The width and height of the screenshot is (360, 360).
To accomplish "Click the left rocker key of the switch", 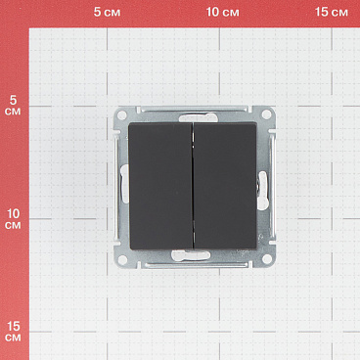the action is pyautogui.click(x=160, y=186).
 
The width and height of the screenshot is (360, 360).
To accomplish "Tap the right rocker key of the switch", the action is pyautogui.click(x=225, y=186).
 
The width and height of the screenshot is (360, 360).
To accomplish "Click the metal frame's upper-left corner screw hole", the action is pyautogui.click(x=122, y=114).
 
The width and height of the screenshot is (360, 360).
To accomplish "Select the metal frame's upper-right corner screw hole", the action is pyautogui.click(x=266, y=114).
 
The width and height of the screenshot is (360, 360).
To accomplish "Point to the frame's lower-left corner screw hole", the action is pyautogui.click(x=122, y=259).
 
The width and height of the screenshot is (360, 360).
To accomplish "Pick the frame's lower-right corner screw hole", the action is pyautogui.click(x=267, y=259).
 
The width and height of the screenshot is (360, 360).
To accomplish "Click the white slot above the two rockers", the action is pyautogui.click(x=198, y=117).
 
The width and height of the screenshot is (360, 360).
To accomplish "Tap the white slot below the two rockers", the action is pyautogui.click(x=191, y=255).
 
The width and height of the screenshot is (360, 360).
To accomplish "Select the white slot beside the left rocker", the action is pyautogui.click(x=124, y=184).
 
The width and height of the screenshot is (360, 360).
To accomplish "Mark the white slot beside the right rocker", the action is pyautogui.click(x=262, y=191).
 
